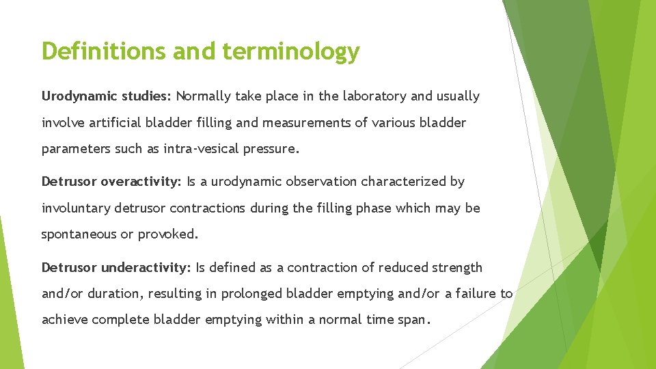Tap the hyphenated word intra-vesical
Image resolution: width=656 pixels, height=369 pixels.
(x=207, y=149)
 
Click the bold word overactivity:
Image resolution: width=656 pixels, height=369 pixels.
(x=141, y=182)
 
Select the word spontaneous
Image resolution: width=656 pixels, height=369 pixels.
(x=79, y=234)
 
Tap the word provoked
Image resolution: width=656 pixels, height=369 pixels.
(x=167, y=234)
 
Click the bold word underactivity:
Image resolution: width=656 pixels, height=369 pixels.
(x=146, y=267)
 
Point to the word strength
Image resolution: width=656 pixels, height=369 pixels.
(x=454, y=267)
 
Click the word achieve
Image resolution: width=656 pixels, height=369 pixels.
(x=65, y=320)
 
